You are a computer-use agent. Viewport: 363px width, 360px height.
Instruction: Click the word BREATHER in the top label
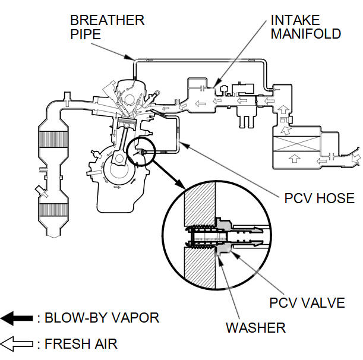coord(107,20)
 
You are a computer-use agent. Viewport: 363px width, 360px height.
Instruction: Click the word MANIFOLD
coord(306,34)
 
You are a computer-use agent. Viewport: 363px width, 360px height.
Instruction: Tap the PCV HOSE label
coord(319,198)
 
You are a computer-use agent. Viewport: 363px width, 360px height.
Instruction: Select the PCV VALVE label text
coord(307,302)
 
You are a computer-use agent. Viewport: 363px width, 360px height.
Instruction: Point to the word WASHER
coord(255,327)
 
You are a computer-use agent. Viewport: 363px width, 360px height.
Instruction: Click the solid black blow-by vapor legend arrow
coord(17,318)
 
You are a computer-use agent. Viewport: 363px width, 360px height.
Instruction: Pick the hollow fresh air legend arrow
coord(17,344)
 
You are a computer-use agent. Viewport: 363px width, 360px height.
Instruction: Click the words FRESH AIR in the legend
coord(81,343)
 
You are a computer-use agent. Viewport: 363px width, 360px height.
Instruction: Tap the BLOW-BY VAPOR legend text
coord(102,318)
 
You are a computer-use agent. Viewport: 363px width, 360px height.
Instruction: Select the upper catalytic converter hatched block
coord(53,139)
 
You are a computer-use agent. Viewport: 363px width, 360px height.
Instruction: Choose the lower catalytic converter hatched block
coord(53,212)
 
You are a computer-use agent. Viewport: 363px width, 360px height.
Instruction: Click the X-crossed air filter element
coord(296,144)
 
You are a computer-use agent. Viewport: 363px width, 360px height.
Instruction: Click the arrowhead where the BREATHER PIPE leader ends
coord(129,57)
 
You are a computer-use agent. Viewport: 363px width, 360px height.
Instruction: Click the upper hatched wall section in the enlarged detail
coord(200,204)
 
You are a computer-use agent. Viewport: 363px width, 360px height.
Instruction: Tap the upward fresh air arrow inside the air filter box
coord(295,159)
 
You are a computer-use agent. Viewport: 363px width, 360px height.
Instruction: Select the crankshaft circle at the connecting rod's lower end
coord(119,167)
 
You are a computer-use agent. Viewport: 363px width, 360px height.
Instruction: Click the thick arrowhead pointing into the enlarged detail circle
coord(179,183)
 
